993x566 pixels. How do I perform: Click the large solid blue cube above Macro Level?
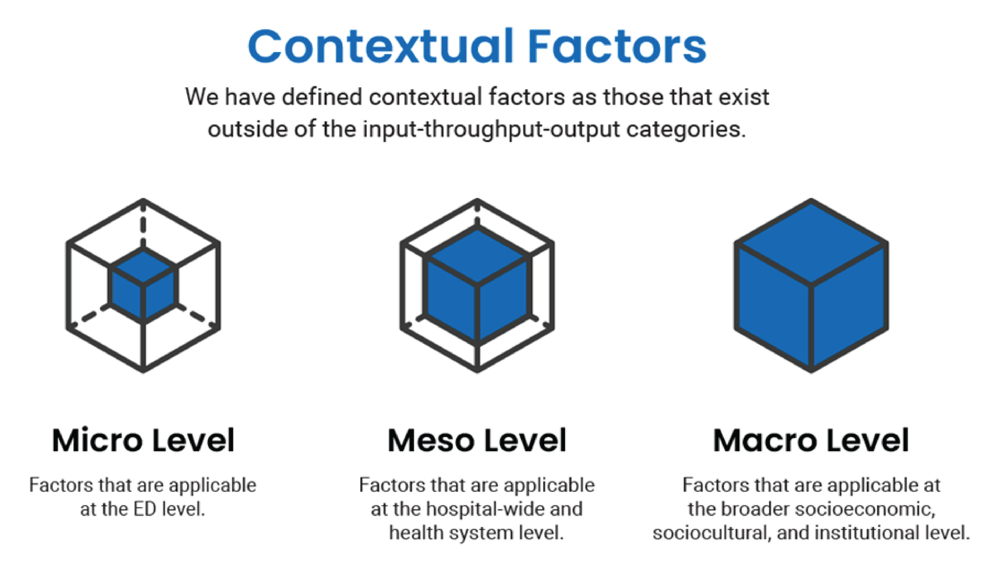point(811,286)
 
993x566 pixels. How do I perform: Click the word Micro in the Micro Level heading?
point(97,440)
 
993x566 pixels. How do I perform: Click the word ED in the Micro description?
point(145,509)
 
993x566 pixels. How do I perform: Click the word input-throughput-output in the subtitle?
point(491,129)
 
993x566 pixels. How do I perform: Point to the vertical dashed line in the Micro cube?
point(143,226)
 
